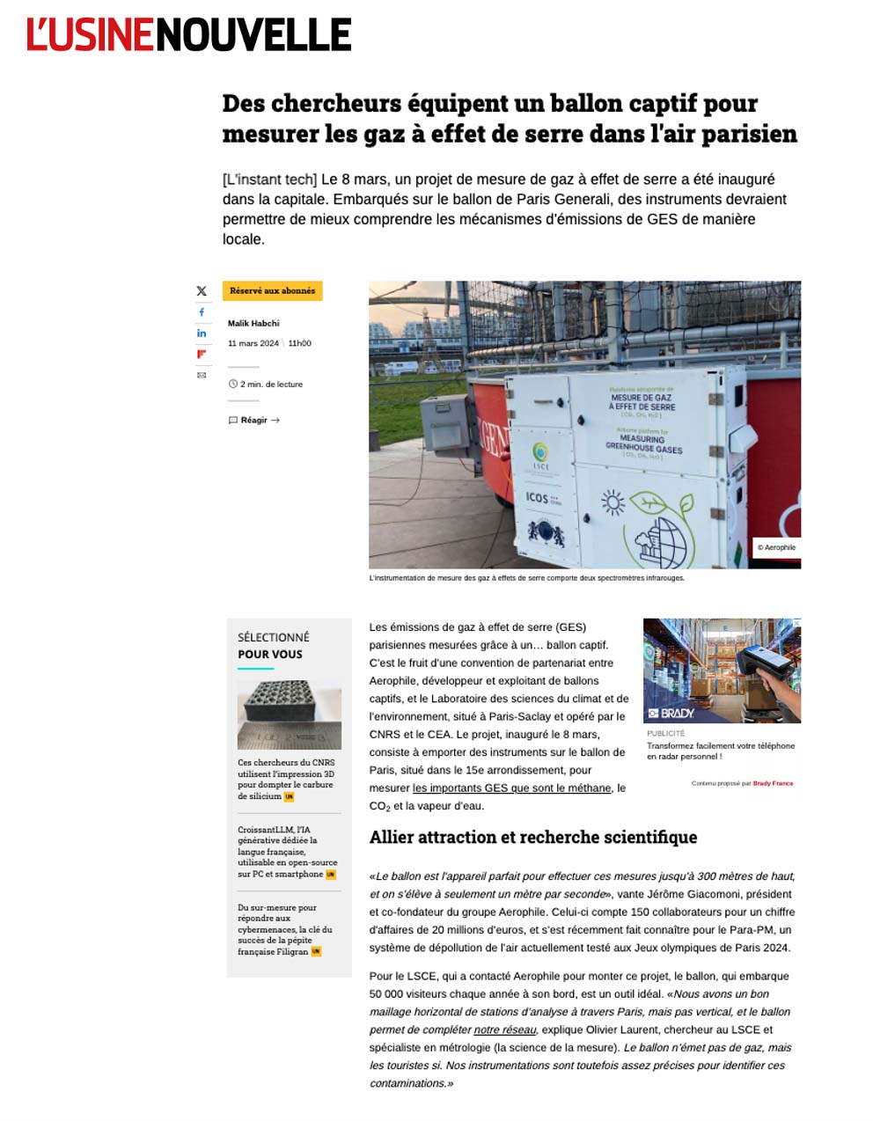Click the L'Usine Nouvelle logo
pos(188,34)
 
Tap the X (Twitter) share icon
pos(202,291)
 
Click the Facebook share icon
pos(202,312)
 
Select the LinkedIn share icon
pos(202,333)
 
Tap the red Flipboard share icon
pos(202,355)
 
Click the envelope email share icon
pos(202,376)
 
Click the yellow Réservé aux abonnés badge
pos(272,291)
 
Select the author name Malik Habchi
pos(253,323)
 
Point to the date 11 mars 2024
pos(253,343)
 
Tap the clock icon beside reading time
pos(233,385)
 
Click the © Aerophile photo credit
pos(776,547)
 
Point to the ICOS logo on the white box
pos(538,497)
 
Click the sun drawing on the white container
pos(612,503)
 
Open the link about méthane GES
pos(511,788)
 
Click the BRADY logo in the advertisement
pos(672,713)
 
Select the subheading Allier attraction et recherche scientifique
pos(532,838)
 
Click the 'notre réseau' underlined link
pos(504,1029)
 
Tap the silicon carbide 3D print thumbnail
pos(289,714)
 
